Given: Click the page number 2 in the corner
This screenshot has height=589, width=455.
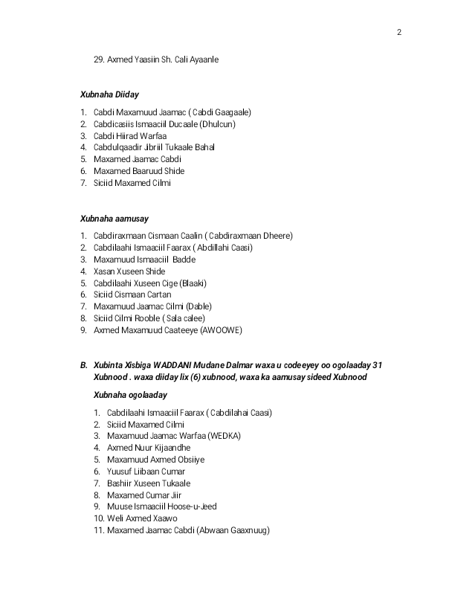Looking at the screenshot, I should click(x=399, y=32).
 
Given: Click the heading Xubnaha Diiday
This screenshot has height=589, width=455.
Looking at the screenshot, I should click(x=109, y=94).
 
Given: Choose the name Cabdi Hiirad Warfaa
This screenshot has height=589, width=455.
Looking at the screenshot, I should click(x=130, y=136).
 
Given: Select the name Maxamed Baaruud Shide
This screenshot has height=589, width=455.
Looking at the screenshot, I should click(x=139, y=171).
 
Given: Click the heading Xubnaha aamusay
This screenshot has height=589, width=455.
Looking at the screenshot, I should click(x=114, y=219).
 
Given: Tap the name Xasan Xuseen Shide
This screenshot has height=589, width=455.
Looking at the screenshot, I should click(x=129, y=271).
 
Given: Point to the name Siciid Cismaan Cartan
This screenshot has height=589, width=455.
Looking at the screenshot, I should click(x=132, y=294).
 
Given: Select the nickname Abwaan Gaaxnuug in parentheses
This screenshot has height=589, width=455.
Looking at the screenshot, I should click(x=233, y=530).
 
